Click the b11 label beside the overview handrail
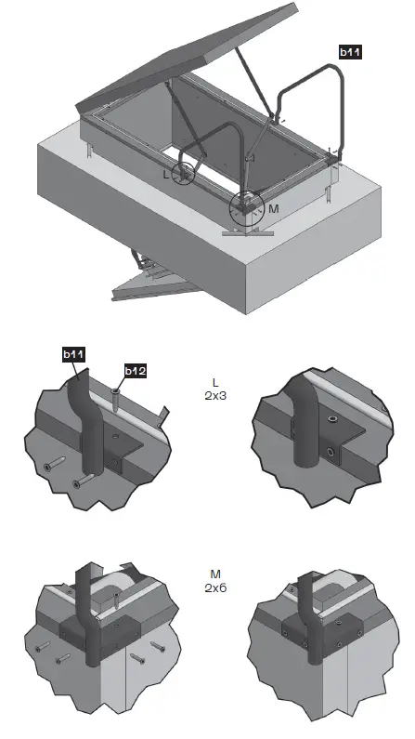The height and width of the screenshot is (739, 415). pyautogui.click(x=350, y=52)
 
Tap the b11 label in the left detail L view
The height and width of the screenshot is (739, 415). pyautogui.click(x=74, y=354)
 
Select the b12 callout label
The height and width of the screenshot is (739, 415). pyautogui.click(x=135, y=371)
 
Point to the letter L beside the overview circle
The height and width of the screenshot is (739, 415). pyautogui.click(x=165, y=175)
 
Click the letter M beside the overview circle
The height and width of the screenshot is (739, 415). pyautogui.click(x=274, y=208)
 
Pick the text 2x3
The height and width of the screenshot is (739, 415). pyautogui.click(x=215, y=396)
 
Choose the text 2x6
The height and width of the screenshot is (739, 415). pyautogui.click(x=215, y=587)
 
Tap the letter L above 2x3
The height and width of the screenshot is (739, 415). pyautogui.click(x=215, y=383)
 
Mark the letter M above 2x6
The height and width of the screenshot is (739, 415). pyautogui.click(x=215, y=574)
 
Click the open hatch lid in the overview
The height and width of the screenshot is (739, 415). pyautogui.click(x=188, y=57)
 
